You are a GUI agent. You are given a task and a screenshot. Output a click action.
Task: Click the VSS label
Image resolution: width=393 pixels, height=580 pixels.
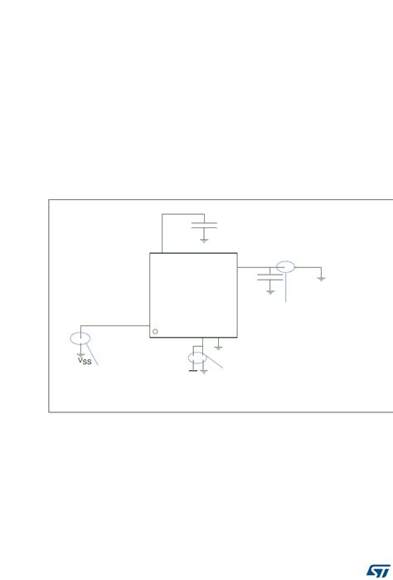pos(85,360)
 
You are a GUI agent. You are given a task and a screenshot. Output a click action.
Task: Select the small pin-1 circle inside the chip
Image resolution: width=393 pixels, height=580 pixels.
pos(155,331)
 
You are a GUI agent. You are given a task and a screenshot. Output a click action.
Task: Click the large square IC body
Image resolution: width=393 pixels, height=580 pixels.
pos(193,295)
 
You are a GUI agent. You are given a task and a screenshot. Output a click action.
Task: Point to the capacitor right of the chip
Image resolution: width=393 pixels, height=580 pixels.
pos(269,277)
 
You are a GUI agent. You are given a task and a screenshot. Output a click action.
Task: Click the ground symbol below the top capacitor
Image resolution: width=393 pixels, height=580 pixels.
pos(204,240)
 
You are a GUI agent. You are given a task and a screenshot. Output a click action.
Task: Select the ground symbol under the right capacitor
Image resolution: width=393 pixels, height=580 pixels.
pos(269,291)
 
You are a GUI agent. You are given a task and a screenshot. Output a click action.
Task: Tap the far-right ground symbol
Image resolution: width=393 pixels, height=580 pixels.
pos(321,278)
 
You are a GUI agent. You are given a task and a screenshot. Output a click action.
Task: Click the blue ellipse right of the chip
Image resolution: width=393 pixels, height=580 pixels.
pos(285,266)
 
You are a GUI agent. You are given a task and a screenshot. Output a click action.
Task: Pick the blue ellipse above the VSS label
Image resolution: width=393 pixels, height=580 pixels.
pos(80,339)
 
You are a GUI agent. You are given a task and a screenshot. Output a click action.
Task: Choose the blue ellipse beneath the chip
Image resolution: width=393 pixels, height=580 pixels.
pos(196,358)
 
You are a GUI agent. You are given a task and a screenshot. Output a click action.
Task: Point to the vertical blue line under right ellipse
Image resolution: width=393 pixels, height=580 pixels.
pos(285,287)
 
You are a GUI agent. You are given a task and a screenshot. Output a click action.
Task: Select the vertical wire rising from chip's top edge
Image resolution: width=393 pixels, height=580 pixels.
pos(162,233)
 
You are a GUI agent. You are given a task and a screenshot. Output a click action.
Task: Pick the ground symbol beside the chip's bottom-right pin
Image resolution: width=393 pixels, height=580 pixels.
pos(218,347)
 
